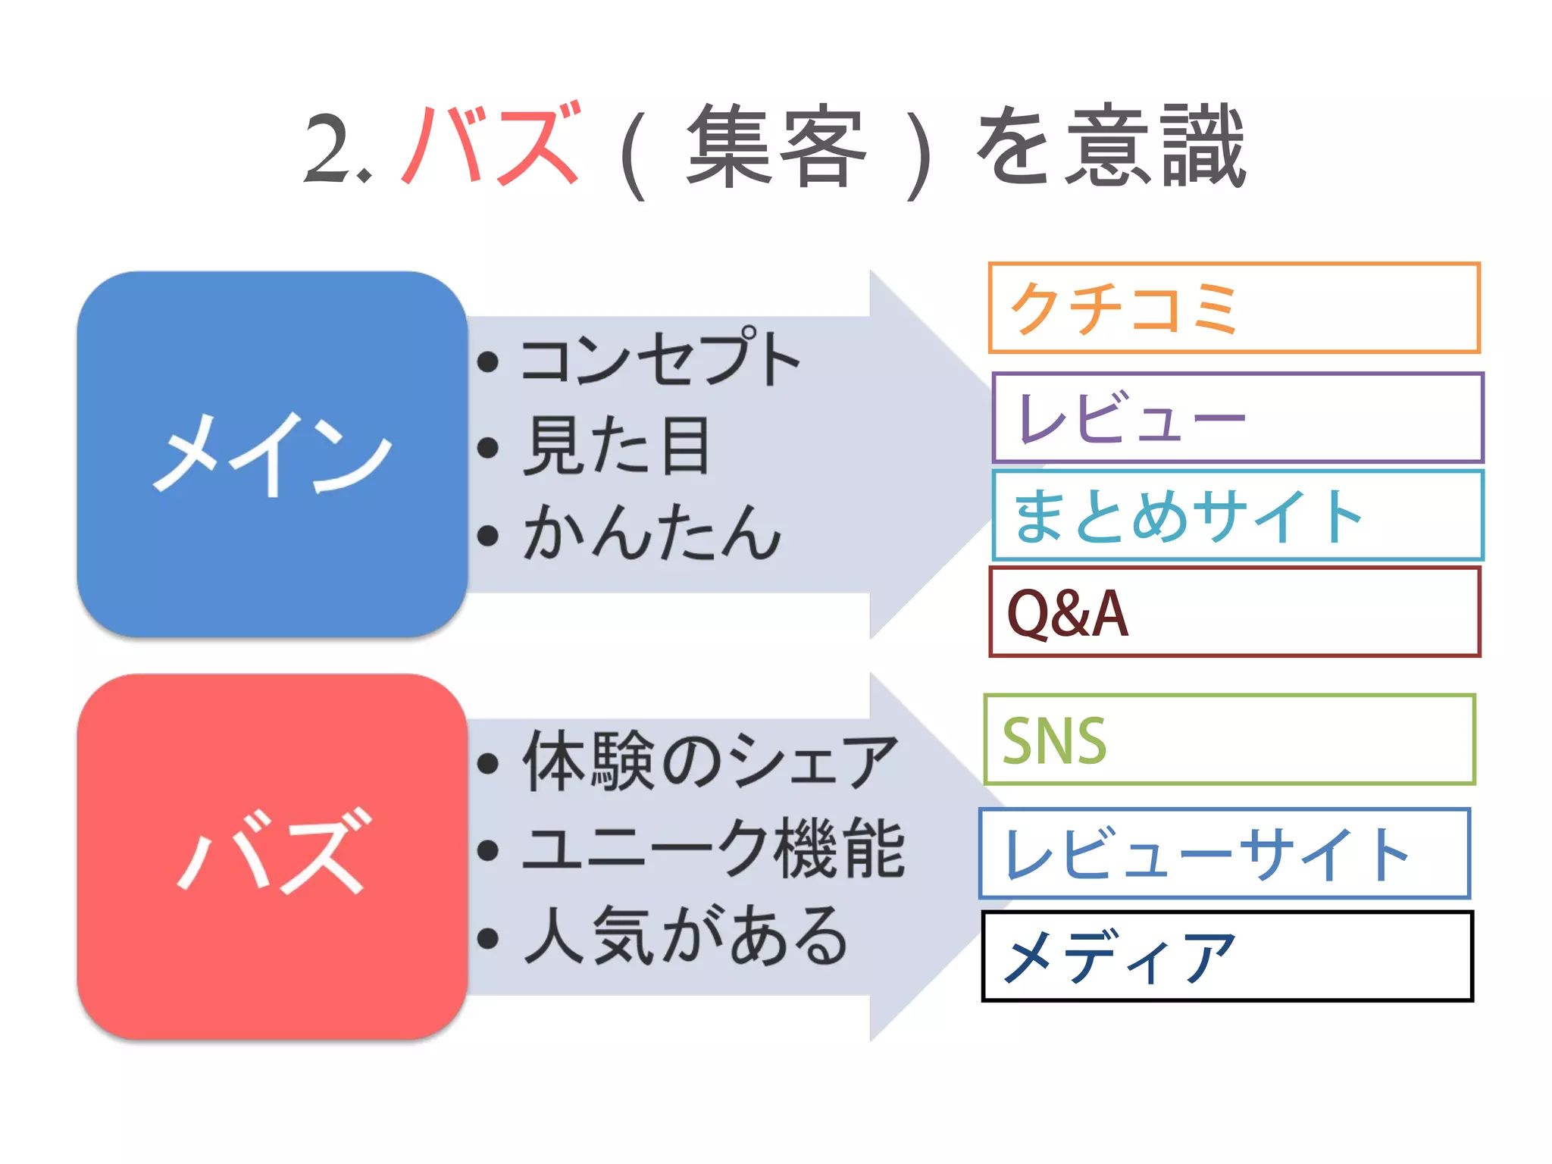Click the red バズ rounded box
pos(271,856)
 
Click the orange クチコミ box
pos(1234,308)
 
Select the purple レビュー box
pos(1237,418)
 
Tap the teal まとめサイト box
pos(1237,515)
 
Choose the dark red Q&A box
pos(1234,612)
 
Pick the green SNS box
pos(1229,740)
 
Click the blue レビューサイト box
pos(1224,854)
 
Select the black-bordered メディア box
pos(1226,956)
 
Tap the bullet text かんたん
pos(652,533)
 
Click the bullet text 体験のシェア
pos(709,762)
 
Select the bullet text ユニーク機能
pos(712,849)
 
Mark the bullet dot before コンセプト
pos(488,362)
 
